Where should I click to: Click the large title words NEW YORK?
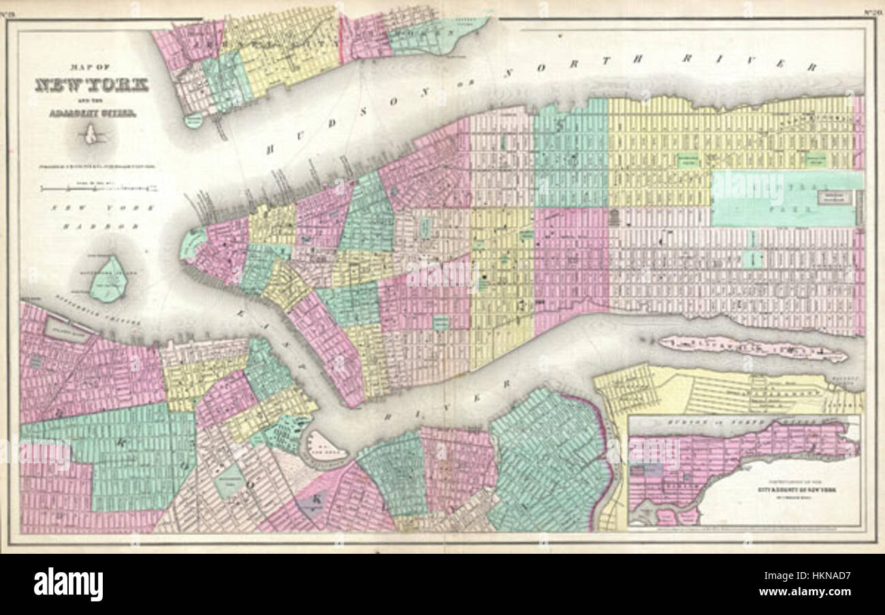point(91,86)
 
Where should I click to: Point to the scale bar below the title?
point(98,188)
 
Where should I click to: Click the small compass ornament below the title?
point(91,136)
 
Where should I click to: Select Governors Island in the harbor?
point(108,279)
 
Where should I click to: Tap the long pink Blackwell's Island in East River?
point(752,348)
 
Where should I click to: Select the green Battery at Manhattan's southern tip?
point(193,242)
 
